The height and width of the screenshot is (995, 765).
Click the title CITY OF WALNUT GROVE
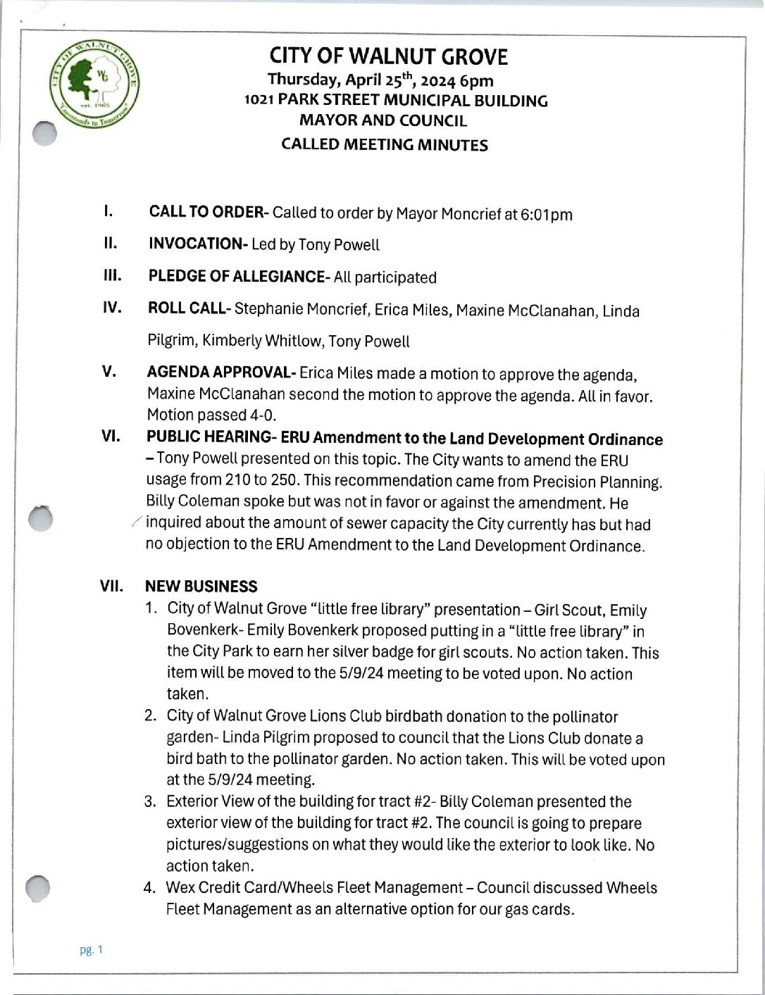[388, 57]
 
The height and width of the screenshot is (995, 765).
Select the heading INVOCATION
[197, 244]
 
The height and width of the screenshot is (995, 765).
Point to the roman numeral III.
[112, 275]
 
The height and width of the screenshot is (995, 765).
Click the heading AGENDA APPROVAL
[220, 373]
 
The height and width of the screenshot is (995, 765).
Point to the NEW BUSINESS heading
[201, 587]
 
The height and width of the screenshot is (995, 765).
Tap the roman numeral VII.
[111, 587]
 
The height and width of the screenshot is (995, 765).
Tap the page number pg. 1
[92, 950]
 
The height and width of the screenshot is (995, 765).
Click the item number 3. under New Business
[150, 802]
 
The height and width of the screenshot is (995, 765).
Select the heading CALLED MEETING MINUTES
[384, 145]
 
